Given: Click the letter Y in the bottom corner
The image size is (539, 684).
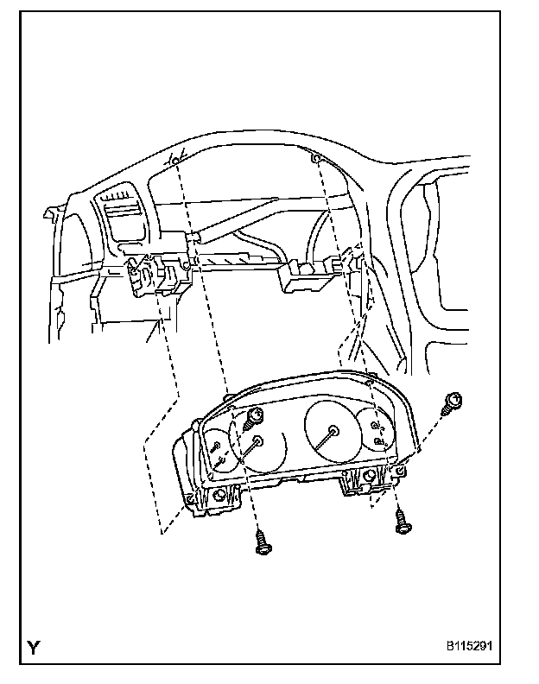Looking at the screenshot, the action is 32,647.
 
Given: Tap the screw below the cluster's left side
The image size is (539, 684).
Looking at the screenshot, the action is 261,542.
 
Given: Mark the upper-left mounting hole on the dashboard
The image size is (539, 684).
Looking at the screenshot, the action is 175,161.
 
